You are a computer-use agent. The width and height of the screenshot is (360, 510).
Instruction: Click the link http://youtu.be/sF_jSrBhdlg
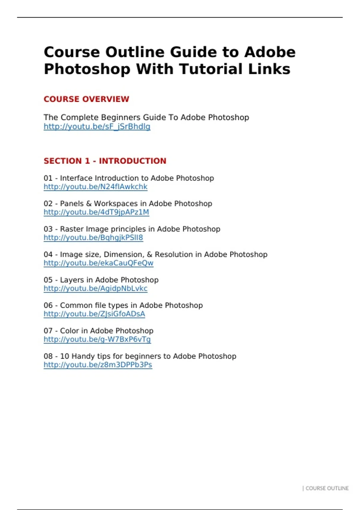[x=97, y=127]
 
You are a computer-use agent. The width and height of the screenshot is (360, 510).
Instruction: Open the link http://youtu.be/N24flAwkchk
[x=95, y=187]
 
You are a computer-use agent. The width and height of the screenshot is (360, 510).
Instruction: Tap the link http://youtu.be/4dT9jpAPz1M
[x=96, y=212]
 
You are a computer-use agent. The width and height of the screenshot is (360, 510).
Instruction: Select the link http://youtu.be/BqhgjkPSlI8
[x=93, y=238]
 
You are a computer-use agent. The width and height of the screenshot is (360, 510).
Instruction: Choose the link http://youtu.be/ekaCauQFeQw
[x=98, y=263]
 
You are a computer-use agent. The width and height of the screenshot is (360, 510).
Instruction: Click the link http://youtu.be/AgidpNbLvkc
[x=95, y=289]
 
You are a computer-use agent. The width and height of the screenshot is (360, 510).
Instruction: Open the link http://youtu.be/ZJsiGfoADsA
[x=94, y=314]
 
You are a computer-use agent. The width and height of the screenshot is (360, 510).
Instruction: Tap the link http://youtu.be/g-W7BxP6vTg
[x=97, y=339]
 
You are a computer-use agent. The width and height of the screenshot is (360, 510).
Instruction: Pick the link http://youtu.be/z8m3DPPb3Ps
[x=98, y=365]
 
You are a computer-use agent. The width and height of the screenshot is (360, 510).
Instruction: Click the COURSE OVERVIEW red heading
[x=86, y=99]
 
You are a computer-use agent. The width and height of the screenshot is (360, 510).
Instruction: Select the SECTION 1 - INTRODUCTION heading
[x=105, y=161]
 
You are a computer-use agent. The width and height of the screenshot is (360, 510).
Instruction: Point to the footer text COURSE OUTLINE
[x=327, y=488]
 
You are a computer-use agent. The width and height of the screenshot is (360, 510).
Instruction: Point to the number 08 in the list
[x=48, y=356]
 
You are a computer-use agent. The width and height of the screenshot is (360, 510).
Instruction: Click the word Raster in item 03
[x=72, y=229]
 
